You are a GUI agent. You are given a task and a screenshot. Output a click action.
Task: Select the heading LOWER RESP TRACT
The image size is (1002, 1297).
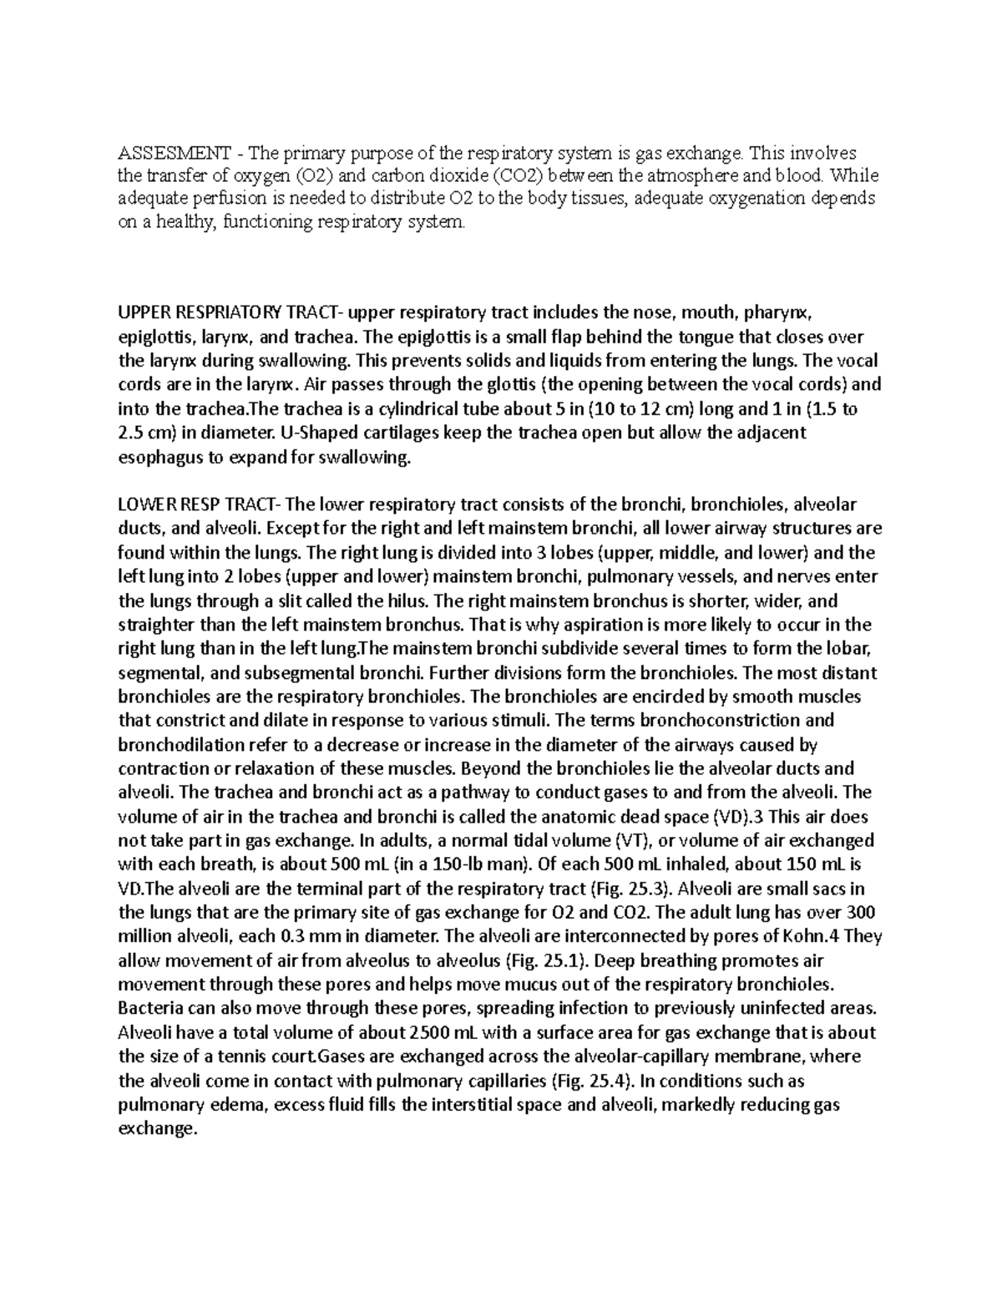click(x=200, y=504)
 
